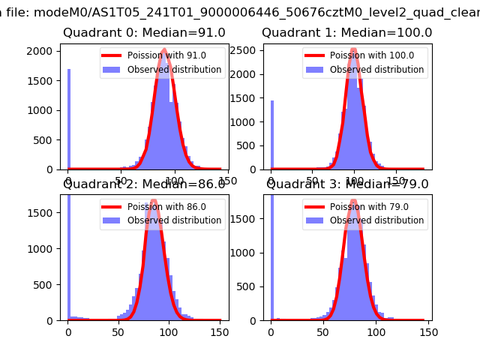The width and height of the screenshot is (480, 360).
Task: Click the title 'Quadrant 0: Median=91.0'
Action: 144,33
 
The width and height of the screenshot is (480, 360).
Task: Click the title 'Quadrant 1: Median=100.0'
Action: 346,33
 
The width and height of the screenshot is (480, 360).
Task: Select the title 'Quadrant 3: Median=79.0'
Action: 347,184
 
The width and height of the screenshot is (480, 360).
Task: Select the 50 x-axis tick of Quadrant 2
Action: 118,331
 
